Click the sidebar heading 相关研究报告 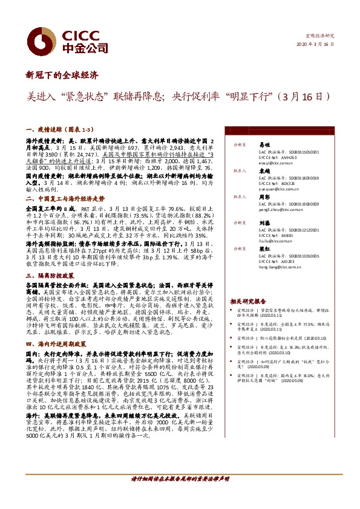click(x=248, y=300)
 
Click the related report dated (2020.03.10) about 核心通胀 click(x=284, y=339)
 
